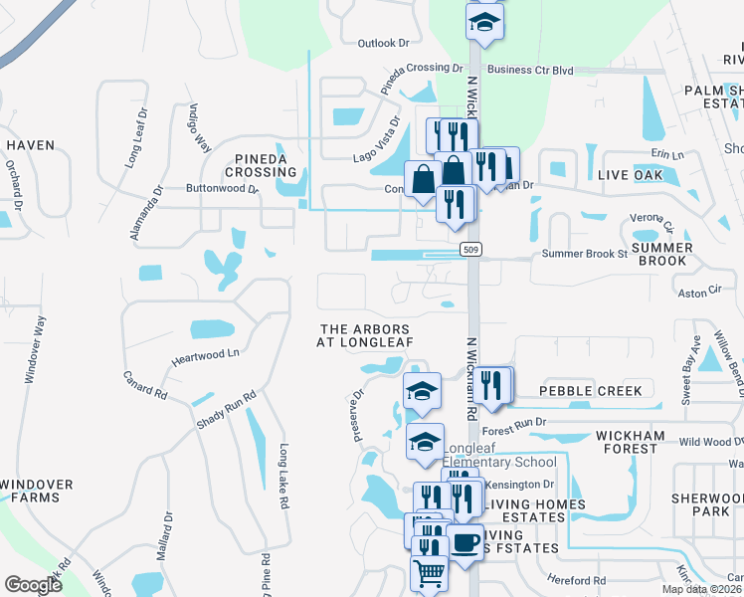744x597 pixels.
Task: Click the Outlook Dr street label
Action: [x=383, y=43]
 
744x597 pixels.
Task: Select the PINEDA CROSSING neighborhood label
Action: [x=261, y=165]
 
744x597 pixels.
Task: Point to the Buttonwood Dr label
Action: [x=221, y=187]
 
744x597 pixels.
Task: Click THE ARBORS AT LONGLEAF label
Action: [x=363, y=335]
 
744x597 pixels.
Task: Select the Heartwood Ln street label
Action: [x=206, y=353]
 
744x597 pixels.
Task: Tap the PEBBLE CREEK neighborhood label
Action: [x=591, y=391]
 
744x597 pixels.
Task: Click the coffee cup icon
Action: [x=464, y=541]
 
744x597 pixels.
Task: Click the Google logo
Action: [x=32, y=585]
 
